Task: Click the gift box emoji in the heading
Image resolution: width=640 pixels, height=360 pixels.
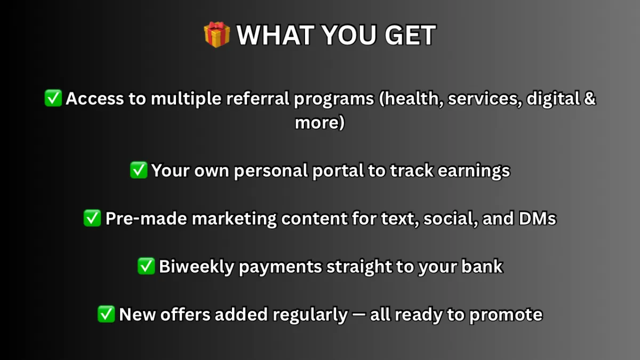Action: tap(217, 35)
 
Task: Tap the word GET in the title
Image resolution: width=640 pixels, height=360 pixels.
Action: tap(410, 35)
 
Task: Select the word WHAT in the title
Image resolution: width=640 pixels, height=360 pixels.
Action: tap(275, 35)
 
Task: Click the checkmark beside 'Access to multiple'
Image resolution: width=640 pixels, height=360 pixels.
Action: tap(53, 98)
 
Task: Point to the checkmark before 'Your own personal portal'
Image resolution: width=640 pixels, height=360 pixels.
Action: tap(139, 170)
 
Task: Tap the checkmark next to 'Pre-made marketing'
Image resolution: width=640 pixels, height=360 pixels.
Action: tap(92, 218)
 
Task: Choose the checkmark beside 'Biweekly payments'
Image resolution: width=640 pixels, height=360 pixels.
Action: tap(146, 266)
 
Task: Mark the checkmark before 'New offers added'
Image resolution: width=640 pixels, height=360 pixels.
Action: tap(106, 314)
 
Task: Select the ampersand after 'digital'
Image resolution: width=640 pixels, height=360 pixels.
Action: tap(589, 98)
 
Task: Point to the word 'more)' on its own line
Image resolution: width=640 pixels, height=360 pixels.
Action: tap(319, 123)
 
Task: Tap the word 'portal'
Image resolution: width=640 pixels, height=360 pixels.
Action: tap(338, 171)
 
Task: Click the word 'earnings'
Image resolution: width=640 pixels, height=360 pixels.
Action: tap(474, 171)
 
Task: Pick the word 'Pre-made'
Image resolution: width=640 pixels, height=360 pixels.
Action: tap(146, 218)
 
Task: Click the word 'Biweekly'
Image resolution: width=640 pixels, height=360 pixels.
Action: tap(197, 267)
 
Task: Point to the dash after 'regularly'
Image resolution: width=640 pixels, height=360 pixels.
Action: tap(359, 314)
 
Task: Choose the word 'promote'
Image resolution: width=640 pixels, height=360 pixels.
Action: tap(506, 315)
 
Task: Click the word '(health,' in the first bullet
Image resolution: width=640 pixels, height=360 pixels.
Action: tap(411, 99)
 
